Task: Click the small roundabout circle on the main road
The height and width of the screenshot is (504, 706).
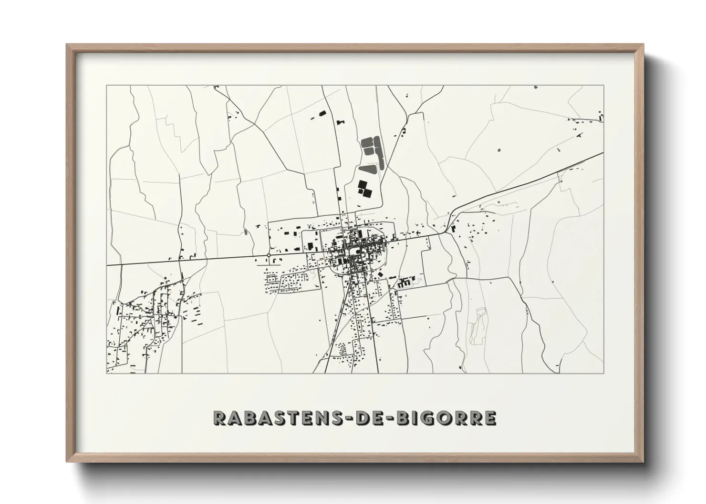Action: click(269, 255)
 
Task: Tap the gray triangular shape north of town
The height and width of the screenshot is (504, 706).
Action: click(369, 169)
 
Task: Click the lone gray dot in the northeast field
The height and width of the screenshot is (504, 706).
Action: click(499, 150)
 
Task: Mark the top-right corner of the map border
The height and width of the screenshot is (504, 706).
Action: click(604, 86)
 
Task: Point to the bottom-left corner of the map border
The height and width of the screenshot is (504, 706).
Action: click(106, 373)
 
